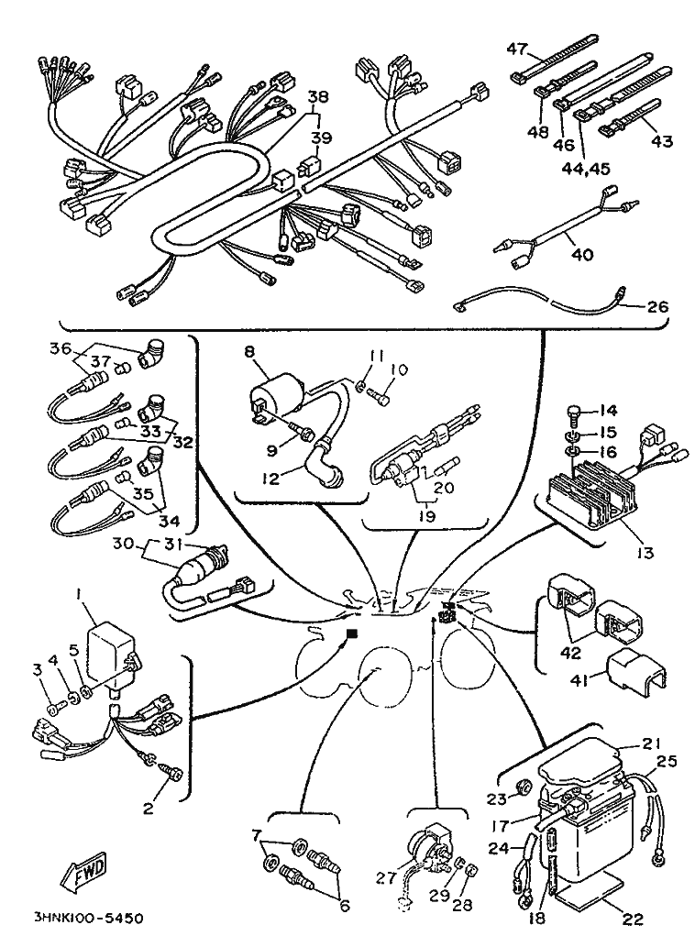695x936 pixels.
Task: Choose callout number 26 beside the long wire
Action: click(x=657, y=306)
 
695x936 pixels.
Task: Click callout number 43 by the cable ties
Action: click(x=662, y=141)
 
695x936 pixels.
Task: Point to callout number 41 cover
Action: click(x=579, y=679)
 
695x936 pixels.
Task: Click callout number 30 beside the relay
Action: click(x=122, y=543)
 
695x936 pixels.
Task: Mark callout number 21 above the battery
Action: click(x=652, y=744)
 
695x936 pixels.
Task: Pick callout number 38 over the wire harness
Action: click(x=317, y=96)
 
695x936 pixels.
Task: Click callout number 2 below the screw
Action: click(x=149, y=809)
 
